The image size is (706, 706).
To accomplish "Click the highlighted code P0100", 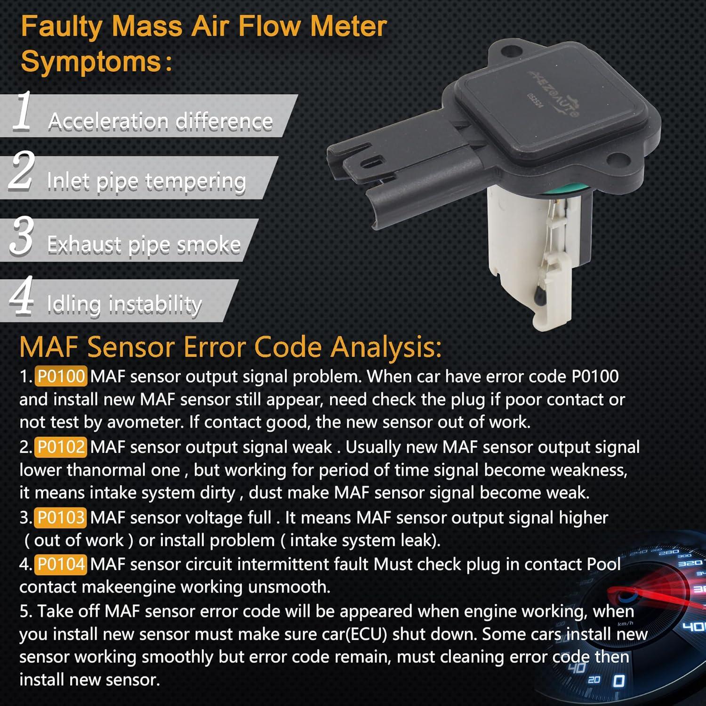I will (x=61, y=377).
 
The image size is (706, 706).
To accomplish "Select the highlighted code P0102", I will (x=61, y=447).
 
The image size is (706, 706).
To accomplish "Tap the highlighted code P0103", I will (x=61, y=518).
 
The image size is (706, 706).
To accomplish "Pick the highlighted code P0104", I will (x=61, y=564).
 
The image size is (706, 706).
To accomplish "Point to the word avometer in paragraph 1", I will (x=145, y=422).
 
